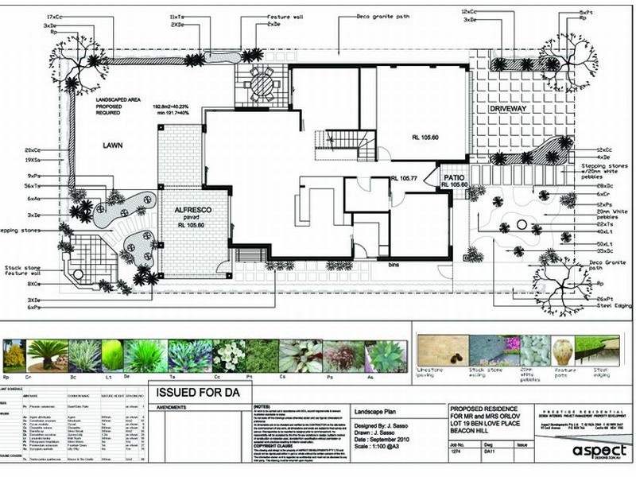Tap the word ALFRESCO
tap(191, 208)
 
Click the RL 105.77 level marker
tap(404, 178)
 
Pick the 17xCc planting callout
tap(55, 16)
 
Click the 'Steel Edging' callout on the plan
tap(612, 307)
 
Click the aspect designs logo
tap(598, 452)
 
